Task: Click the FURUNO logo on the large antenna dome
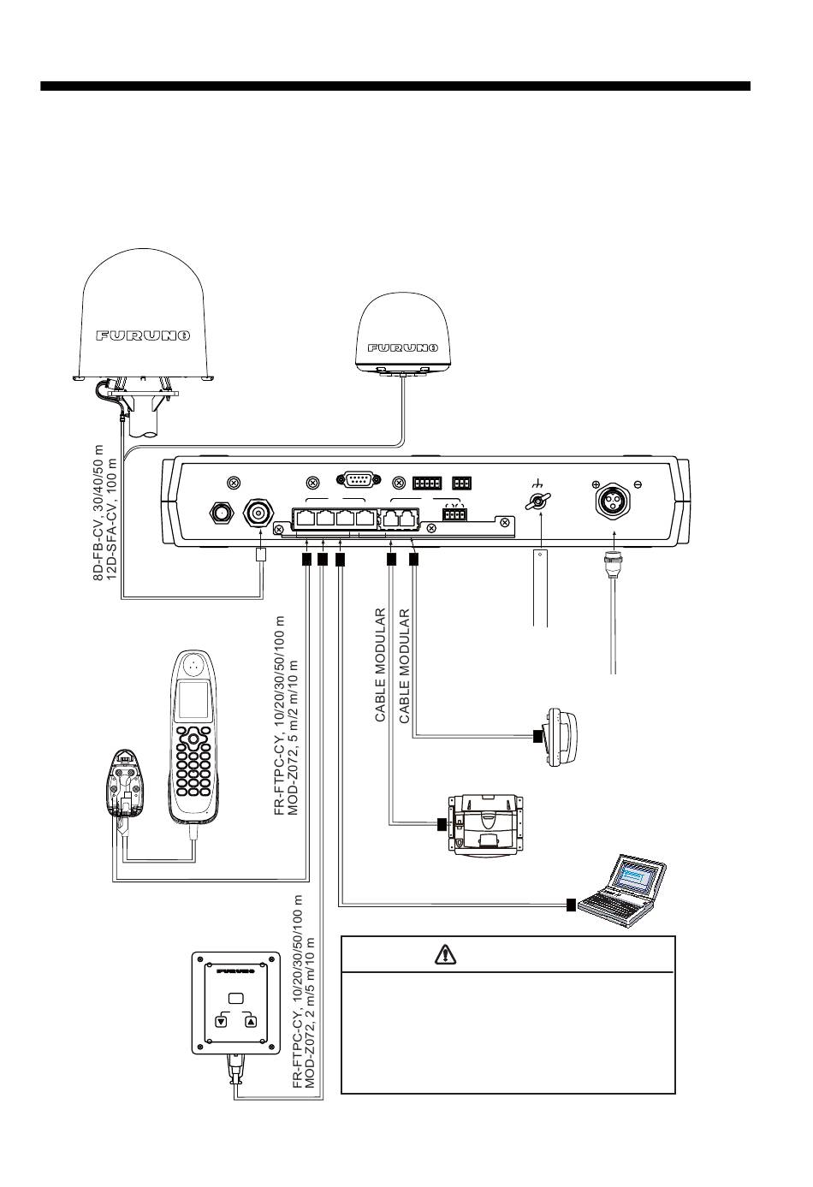143,335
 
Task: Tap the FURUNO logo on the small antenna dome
403,347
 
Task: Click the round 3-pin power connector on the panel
614,498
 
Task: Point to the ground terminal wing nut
538,501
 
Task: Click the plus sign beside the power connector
596,484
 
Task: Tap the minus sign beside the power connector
638,484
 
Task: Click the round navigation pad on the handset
194,738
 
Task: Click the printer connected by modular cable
485,826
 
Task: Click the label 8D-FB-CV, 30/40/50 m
98,513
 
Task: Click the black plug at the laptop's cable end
571,905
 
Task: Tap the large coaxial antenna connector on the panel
258,513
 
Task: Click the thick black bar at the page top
395,86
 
